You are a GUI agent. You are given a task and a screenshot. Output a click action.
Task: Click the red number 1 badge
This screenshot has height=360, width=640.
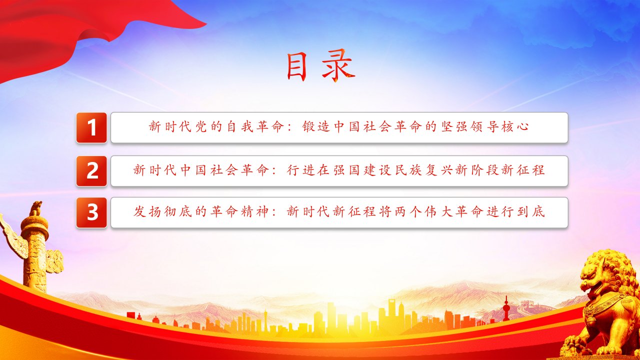coord(91,127)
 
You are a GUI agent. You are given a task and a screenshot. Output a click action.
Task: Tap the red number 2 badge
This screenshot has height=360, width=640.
coord(91,171)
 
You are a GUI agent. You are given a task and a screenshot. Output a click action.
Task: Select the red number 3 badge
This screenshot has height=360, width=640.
coord(91,212)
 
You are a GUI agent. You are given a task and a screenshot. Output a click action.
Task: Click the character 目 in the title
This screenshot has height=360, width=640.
coord(296,67)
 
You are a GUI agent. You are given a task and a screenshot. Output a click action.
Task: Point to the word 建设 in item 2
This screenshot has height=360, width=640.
coord(377,170)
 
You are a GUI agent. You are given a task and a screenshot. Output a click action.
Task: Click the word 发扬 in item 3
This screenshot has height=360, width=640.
coord(147,211)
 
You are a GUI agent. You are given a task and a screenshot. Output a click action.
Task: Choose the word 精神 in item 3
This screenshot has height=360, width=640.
coord(254,211)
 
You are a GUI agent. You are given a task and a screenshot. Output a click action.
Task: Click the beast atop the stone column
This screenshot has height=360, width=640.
coord(36,208)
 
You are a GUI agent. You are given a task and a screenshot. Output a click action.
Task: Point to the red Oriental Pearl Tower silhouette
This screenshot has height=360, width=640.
coord(506,308)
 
